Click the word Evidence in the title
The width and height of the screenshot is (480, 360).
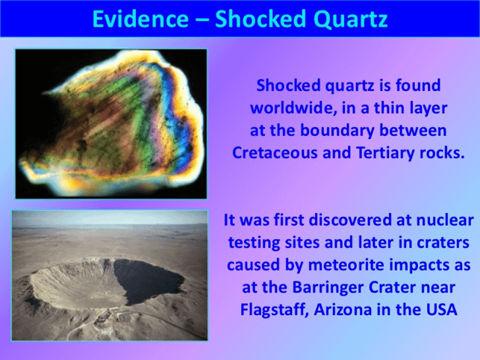point(140,19)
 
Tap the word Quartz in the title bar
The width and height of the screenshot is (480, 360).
point(351,19)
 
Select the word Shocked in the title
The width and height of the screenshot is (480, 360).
point(261,19)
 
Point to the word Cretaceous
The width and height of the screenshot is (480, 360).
point(275,152)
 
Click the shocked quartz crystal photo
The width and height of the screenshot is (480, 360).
point(111,124)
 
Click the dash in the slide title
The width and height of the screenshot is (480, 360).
point(202,21)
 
